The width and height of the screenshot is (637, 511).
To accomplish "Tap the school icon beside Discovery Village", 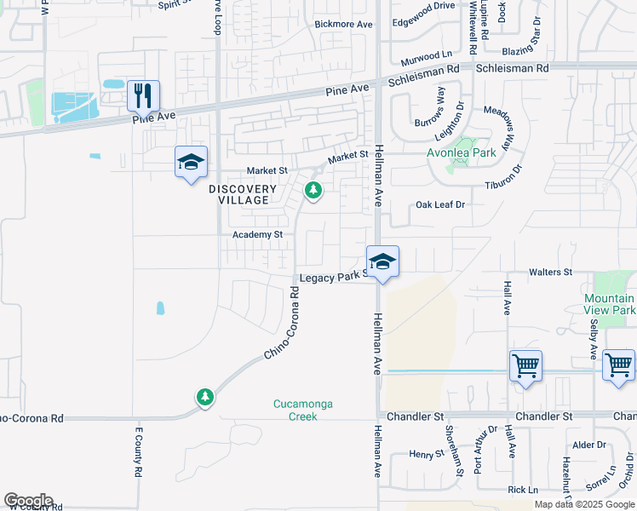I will (191, 162).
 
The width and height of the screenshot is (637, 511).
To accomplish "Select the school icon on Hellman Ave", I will (382, 262).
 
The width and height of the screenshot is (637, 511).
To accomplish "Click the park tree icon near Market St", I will (313, 190).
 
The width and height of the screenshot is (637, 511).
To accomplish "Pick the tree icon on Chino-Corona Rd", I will (204, 397).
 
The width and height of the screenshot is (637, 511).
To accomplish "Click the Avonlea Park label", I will (461, 154).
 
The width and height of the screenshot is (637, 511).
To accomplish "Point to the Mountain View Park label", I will (610, 304).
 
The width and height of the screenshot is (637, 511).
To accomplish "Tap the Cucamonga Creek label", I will (296, 410).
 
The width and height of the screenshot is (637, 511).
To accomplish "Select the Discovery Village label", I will (243, 195).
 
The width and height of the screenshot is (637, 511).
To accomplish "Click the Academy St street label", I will (258, 234).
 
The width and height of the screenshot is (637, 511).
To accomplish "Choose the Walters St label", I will (550, 272).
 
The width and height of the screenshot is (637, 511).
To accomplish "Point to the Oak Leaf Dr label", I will (440, 204).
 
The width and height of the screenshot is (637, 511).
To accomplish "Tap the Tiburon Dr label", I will (508, 185).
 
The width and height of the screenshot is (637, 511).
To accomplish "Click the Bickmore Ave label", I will (344, 25).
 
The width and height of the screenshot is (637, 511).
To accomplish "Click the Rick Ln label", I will (523, 490).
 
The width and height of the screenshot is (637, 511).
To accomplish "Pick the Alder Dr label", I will (588, 445).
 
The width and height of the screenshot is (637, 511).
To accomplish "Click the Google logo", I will (29, 501).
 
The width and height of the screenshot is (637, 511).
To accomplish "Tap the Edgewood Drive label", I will (423, 7).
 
